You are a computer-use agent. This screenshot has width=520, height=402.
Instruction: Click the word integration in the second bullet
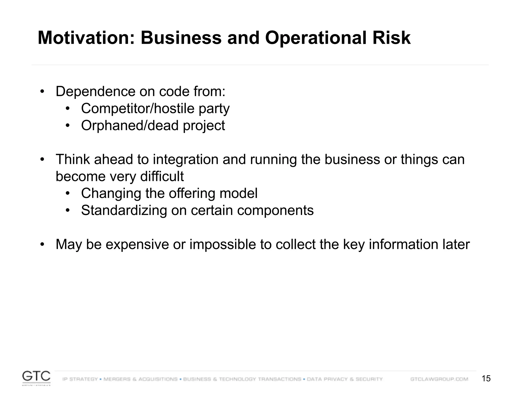coord(186,160)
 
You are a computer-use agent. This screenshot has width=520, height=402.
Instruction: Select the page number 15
coord(486,379)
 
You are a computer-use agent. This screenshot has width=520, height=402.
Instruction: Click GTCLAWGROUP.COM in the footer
coord(439,379)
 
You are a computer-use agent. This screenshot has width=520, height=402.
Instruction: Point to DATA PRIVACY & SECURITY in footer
coord(345,379)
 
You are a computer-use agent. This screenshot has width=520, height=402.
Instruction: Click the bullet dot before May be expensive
coord(42,245)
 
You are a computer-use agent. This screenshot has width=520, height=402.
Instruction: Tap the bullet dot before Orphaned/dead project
coord(67,126)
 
